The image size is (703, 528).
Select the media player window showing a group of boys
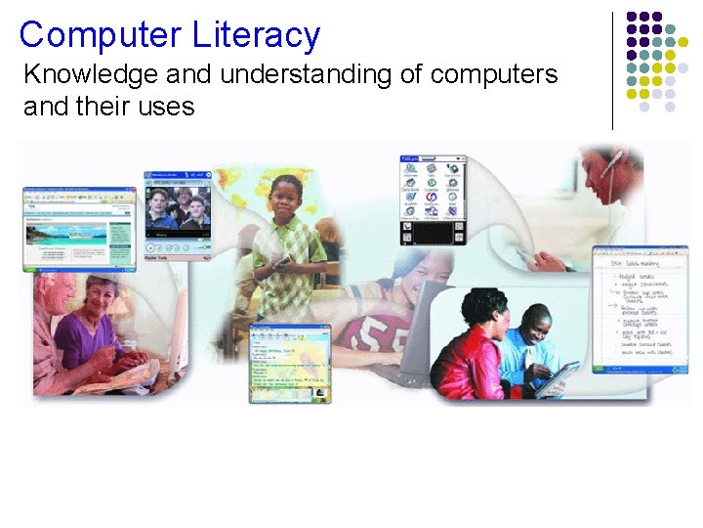click(178, 210)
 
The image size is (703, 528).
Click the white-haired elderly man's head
click(54, 293)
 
